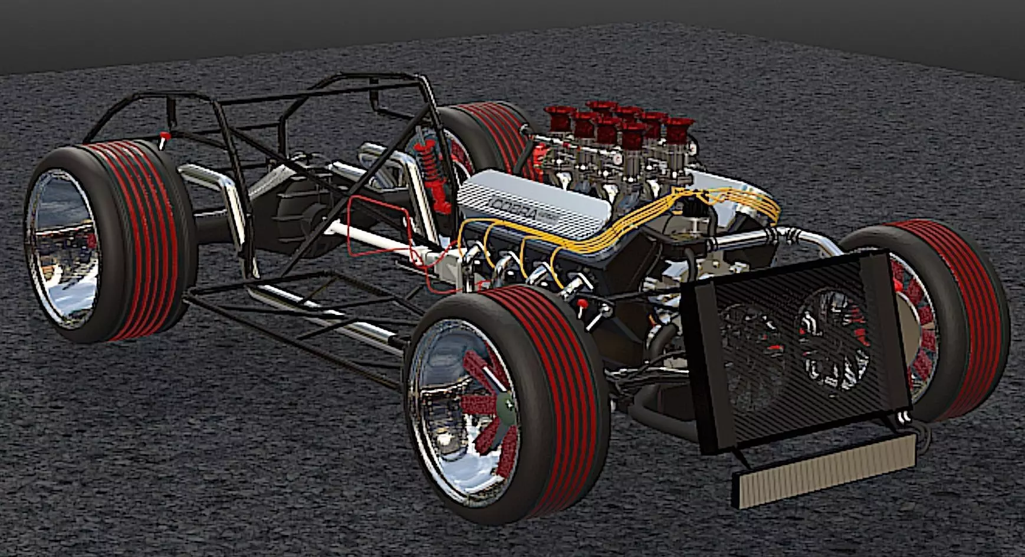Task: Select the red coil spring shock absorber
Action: (434, 171)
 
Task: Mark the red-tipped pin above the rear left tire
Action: (165, 137)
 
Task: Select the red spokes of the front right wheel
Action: (920, 330)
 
